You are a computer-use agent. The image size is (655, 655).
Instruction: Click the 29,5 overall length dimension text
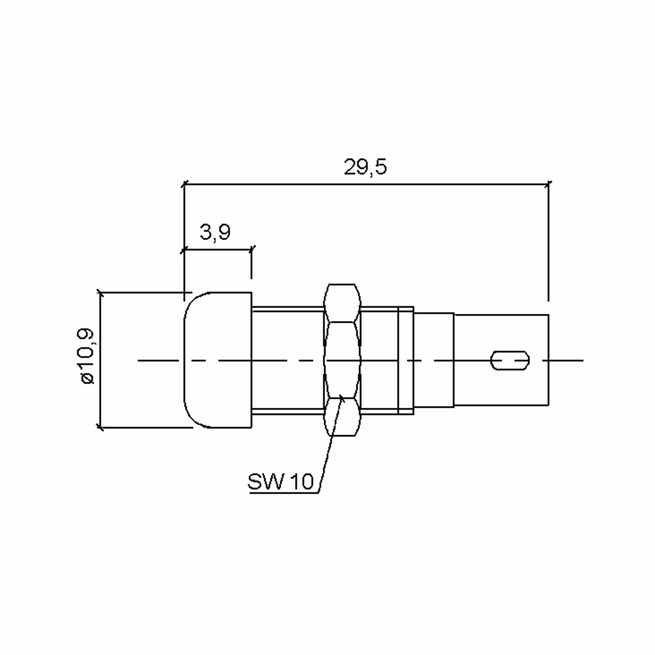coord(365,167)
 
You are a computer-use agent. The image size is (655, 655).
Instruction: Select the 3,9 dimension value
coord(215,233)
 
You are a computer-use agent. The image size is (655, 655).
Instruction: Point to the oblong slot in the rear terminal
coord(510,360)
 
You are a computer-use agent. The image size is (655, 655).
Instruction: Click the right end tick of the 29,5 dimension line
coord(548,184)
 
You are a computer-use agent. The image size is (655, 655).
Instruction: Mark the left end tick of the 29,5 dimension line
coord(184,184)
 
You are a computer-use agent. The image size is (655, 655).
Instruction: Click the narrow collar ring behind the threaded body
coord(406,360)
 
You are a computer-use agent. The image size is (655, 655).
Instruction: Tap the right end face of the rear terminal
coord(548,360)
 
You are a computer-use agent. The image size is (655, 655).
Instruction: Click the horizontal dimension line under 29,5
coord(366,184)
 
